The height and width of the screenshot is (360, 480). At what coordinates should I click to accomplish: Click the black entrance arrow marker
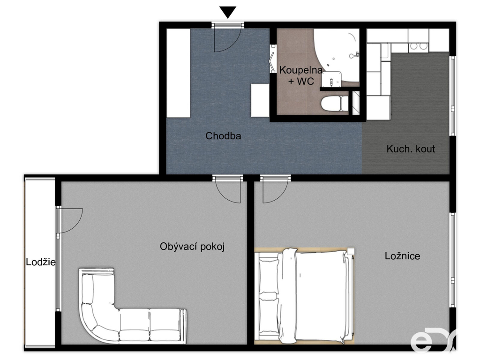pyautogui.click(x=228, y=12)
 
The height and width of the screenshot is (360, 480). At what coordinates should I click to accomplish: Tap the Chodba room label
pyautogui.click(x=223, y=136)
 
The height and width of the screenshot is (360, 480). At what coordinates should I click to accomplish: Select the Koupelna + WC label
pyautogui.click(x=301, y=75)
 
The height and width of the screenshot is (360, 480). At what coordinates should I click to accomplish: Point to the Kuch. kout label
pyautogui.click(x=411, y=149)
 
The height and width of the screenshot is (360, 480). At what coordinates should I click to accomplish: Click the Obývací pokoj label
pyautogui.click(x=192, y=247)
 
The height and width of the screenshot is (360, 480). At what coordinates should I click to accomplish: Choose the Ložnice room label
pyautogui.click(x=402, y=256)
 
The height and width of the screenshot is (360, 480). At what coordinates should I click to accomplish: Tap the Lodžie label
pyautogui.click(x=41, y=262)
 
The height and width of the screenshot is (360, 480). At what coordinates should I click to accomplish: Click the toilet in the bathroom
pyautogui.click(x=334, y=104)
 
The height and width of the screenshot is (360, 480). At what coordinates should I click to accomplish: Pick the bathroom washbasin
pyautogui.click(x=331, y=79)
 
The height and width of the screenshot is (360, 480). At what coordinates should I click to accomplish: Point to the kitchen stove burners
pyautogui.click(x=419, y=46)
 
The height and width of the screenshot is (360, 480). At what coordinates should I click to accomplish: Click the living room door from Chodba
pyautogui.click(x=227, y=190)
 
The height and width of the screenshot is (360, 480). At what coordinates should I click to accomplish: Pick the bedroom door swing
pyautogui.click(x=275, y=190)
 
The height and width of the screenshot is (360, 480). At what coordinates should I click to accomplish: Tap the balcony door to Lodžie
pyautogui.click(x=70, y=220)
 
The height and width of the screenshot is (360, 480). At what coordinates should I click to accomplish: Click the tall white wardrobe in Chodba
pyautogui.click(x=178, y=73)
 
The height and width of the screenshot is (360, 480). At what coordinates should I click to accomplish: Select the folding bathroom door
pyautogui.click(x=272, y=59)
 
